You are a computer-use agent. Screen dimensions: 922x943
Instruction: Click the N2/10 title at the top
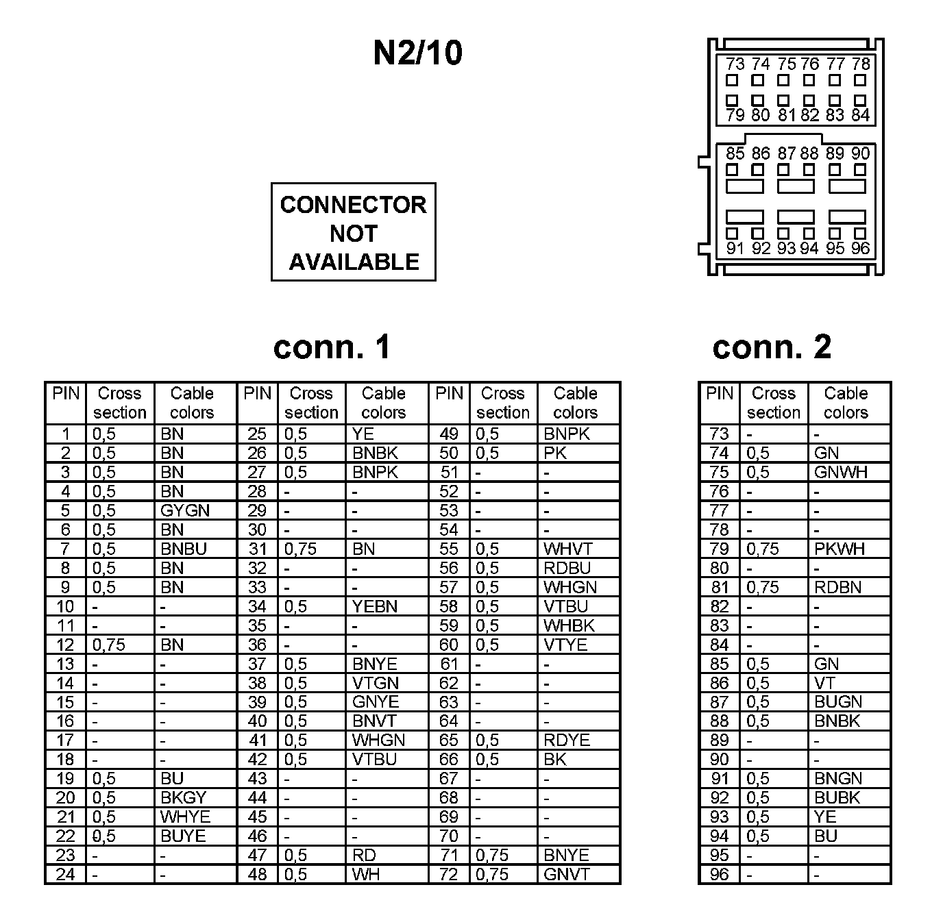[417, 53]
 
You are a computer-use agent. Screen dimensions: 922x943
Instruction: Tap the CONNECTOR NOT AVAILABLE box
[353, 232]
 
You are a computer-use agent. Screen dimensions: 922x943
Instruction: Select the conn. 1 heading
[332, 347]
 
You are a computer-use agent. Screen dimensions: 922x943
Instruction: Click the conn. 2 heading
[772, 347]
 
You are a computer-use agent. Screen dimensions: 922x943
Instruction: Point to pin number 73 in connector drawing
[735, 64]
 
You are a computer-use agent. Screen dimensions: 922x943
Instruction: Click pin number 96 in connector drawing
[860, 248]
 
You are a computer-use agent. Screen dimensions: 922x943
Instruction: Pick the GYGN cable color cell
[185, 510]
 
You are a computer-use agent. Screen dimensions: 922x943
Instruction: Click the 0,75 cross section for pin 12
[109, 645]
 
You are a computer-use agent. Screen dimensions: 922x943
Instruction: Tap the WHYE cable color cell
[185, 817]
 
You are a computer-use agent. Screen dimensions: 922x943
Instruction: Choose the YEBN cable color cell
[374, 606]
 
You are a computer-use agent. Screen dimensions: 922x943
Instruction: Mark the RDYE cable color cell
[566, 740]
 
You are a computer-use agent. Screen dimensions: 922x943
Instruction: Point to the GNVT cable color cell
[566, 874]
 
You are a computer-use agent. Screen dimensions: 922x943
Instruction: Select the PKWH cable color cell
[840, 549]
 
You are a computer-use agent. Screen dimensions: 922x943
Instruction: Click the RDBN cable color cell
[837, 587]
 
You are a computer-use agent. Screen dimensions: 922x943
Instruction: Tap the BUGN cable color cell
[838, 701]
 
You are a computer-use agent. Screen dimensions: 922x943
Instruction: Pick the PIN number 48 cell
[257, 874]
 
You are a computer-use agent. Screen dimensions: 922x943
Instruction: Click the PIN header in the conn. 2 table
[719, 394]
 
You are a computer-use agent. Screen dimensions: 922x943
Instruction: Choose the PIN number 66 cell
[449, 759]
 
